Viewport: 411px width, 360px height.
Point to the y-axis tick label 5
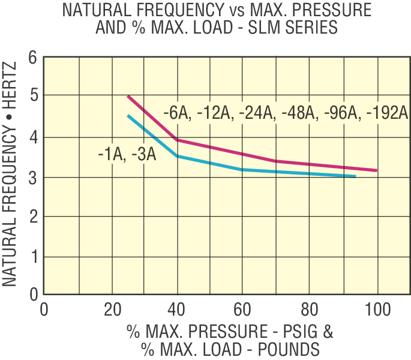[x=32, y=96]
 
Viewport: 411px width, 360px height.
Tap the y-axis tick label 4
[x=32, y=137]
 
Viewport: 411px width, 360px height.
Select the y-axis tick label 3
[x=32, y=178]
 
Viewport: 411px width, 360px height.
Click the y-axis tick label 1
[x=32, y=257]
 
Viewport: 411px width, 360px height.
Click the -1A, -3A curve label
[x=127, y=155]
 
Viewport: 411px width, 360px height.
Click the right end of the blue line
[x=355, y=176]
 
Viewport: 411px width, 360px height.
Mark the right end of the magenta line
[x=377, y=170]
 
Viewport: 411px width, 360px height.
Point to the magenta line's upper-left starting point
[x=128, y=96]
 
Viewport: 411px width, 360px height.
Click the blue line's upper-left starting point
[x=128, y=115]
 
